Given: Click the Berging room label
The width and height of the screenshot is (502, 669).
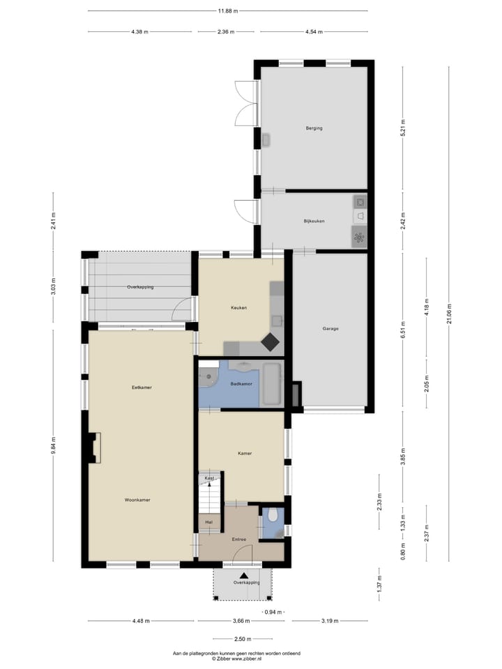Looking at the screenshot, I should coord(314,128).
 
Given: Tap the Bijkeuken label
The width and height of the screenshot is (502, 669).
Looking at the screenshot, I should coord(314,221).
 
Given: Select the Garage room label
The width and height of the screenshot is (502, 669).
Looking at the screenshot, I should coord(330,328).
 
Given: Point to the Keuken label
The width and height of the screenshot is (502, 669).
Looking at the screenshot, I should coord(239,307).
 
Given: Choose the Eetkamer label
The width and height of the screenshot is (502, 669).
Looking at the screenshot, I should coord(142,387).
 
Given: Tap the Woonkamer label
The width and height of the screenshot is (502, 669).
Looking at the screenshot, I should coord(137,500).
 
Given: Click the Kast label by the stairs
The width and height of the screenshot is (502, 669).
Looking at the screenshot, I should coord(209,478).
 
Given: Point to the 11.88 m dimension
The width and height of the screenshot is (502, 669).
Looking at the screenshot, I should coord(227,11).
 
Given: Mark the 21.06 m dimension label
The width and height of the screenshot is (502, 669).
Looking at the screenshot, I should coord(450,309).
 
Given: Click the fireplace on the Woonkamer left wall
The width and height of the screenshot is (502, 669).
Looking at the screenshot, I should coord(93,447).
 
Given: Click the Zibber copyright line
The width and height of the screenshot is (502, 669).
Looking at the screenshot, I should coord(237,659).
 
